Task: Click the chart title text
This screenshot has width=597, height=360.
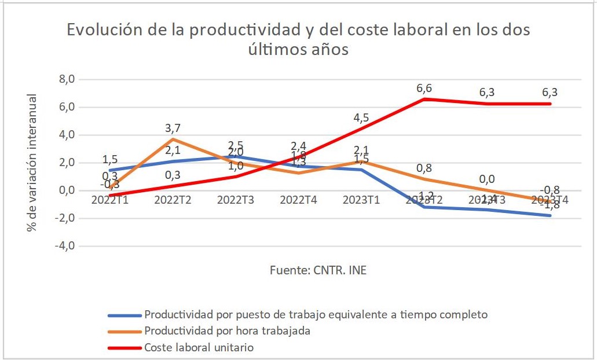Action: (x=298, y=39)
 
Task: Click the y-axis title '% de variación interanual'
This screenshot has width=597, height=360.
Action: (x=32, y=163)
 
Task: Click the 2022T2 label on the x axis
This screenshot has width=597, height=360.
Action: (x=172, y=200)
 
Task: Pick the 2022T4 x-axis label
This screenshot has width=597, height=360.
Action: (x=298, y=200)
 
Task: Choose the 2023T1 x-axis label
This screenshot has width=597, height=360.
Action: (x=361, y=200)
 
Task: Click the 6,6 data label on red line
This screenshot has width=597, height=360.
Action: (x=424, y=88)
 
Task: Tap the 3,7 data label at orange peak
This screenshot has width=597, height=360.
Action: (x=172, y=128)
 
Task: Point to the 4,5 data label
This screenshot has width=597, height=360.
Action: (x=361, y=117)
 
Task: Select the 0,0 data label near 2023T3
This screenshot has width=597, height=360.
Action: (x=487, y=179)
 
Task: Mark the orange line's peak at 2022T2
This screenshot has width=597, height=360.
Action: (x=172, y=139)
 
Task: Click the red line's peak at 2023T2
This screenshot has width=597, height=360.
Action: (x=424, y=99)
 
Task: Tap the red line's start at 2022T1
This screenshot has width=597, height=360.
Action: (x=109, y=195)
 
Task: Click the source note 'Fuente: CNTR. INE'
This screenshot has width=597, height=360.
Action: (x=318, y=270)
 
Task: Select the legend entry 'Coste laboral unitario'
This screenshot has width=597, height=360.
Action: (x=199, y=348)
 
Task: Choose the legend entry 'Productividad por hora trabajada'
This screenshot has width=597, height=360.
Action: (x=227, y=331)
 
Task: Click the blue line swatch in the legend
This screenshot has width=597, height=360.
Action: (x=124, y=315)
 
